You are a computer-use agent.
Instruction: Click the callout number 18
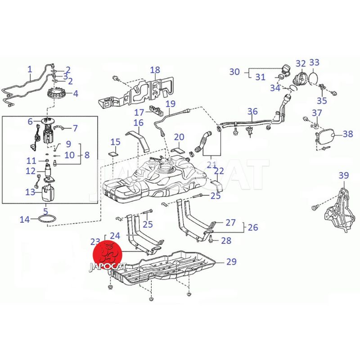(155, 70)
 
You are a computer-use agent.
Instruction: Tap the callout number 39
(343, 175)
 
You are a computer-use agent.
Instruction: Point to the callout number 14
(25, 220)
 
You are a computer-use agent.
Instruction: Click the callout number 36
(252, 111)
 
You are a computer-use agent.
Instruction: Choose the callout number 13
(30, 192)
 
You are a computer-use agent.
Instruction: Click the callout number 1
(30, 69)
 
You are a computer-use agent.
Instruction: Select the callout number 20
(179, 137)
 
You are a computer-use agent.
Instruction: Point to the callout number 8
(87, 155)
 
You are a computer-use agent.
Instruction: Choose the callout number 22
(219, 171)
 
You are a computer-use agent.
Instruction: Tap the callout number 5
(45, 210)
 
